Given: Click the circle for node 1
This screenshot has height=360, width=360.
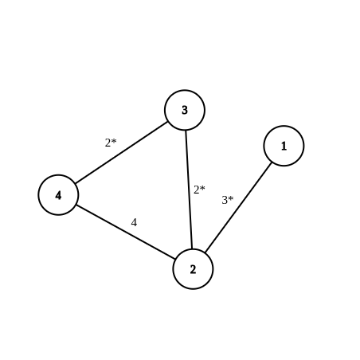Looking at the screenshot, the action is point(284,146).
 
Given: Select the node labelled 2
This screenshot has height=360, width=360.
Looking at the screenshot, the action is point(193,269).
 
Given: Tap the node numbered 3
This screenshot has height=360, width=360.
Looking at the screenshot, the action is point(185,110).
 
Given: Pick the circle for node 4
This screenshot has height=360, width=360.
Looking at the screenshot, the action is point(58,195).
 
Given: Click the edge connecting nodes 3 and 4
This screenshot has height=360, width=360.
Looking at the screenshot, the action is point(121,153).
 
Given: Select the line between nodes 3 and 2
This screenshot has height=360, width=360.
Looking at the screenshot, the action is point(189,190).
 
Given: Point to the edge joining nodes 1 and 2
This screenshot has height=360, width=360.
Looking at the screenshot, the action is point(238,207).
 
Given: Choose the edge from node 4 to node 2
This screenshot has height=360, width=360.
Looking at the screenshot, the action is point(126,232).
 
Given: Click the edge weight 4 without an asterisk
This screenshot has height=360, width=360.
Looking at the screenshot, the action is point(134,222).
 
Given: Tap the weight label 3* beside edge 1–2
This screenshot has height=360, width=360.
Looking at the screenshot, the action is point(228,200).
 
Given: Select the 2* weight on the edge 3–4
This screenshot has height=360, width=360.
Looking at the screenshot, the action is point(111,143).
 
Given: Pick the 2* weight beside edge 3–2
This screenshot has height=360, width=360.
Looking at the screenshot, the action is point(199,190).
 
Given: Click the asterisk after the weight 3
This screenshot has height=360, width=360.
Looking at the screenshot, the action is point(231,198).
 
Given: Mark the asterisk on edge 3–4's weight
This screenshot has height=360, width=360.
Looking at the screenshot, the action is point(114,141).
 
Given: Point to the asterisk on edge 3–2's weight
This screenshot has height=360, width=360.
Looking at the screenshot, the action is point(202,188).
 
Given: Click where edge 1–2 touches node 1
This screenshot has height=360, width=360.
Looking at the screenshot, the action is point(272,162).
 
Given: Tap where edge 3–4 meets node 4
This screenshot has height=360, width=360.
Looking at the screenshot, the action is point(76,184).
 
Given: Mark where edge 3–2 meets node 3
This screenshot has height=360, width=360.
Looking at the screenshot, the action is point(186,131).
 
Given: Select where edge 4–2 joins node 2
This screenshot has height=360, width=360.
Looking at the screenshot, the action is point(175,259).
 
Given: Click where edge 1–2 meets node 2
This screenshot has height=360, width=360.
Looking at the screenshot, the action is point(205,252).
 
